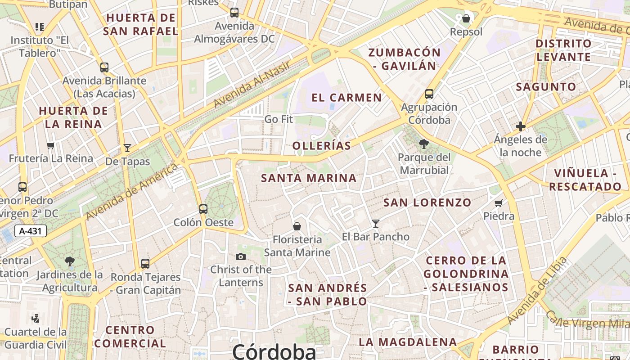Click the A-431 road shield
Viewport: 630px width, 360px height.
pyautogui.click(x=31, y=231)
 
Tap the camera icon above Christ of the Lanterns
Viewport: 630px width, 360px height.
pyautogui.click(x=241, y=256)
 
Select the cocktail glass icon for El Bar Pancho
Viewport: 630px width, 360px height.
pyautogui.click(x=376, y=223)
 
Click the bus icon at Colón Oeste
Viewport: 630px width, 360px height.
pyautogui.click(x=203, y=209)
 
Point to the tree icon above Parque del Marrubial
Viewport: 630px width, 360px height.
pyautogui.click(x=423, y=144)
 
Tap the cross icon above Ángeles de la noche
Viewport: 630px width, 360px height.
pyautogui.click(x=521, y=126)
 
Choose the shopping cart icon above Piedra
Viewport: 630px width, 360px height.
pyautogui.click(x=499, y=203)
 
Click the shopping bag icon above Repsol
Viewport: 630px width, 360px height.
pyautogui.click(x=466, y=18)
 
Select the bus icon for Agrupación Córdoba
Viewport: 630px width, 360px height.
pyautogui.click(x=429, y=94)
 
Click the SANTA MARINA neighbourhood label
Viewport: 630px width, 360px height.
pyautogui.click(x=309, y=178)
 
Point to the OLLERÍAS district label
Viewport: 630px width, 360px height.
pyautogui.click(x=322, y=146)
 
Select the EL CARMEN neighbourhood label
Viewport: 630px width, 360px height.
pyautogui.click(x=346, y=98)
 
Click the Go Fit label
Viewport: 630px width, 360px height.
pyautogui.click(x=279, y=119)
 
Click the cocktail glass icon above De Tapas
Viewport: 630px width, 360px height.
pyautogui.click(x=127, y=148)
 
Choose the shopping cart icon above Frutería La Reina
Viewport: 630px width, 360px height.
pyautogui.click(x=51, y=145)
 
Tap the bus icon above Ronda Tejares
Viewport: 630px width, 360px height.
pyautogui.click(x=145, y=264)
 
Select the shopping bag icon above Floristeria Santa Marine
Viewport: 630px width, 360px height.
pyautogui.click(x=297, y=226)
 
